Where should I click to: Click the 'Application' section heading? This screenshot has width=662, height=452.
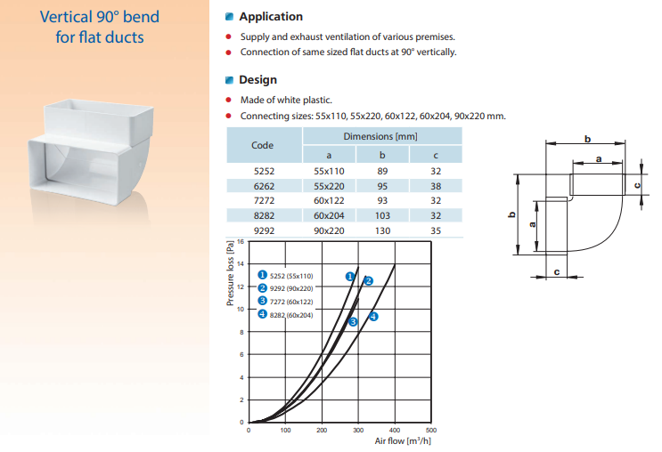pyautogui.click(x=271, y=17)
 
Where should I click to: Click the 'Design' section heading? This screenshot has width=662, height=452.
pyautogui.click(x=257, y=80)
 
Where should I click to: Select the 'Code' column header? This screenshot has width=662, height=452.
pyautogui.click(x=262, y=145)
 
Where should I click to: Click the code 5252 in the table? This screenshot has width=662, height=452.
pyautogui.click(x=264, y=171)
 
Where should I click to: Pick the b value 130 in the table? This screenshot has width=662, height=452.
pyautogui.click(x=382, y=230)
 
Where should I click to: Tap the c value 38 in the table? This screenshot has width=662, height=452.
pyautogui.click(x=436, y=186)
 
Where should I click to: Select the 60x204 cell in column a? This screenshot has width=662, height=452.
pyautogui.click(x=329, y=215)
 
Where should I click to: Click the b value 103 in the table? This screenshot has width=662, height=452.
pyautogui.click(x=382, y=215)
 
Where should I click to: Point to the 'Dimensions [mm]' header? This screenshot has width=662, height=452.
pyautogui.click(x=380, y=137)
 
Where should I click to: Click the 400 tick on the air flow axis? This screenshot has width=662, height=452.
pyautogui.click(x=395, y=430)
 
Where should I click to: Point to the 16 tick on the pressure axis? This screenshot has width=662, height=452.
pyautogui.click(x=241, y=242)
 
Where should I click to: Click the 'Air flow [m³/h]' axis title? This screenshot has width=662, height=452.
pyautogui.click(x=403, y=441)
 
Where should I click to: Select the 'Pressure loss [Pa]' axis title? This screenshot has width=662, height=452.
pyautogui.click(x=230, y=273)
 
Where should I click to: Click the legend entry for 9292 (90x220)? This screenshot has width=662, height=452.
pyautogui.click(x=286, y=288)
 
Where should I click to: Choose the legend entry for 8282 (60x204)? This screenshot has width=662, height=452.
pyautogui.click(x=286, y=315)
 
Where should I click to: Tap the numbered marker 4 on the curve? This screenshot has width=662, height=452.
pyautogui.click(x=373, y=316)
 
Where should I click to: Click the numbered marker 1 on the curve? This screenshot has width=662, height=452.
pyautogui.click(x=349, y=277)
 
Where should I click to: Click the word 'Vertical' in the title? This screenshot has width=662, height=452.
pyautogui.click(x=66, y=17)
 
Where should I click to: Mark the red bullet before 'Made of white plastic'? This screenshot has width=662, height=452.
pyautogui.click(x=228, y=100)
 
